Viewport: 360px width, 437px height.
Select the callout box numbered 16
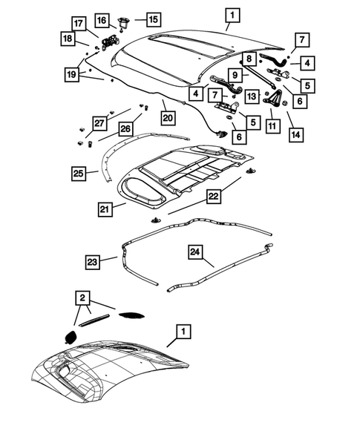(x=122, y=19)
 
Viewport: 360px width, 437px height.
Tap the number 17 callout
(x=79, y=23)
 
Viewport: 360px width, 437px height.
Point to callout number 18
(x=68, y=39)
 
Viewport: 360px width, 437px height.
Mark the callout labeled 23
(x=92, y=260)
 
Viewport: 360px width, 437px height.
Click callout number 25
(x=79, y=173)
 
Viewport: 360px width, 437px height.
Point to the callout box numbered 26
(x=125, y=129)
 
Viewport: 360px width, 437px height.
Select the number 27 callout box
(x=99, y=124)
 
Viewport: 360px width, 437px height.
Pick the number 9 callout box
(x=234, y=74)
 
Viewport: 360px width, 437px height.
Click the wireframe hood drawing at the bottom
(x=111, y=371)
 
